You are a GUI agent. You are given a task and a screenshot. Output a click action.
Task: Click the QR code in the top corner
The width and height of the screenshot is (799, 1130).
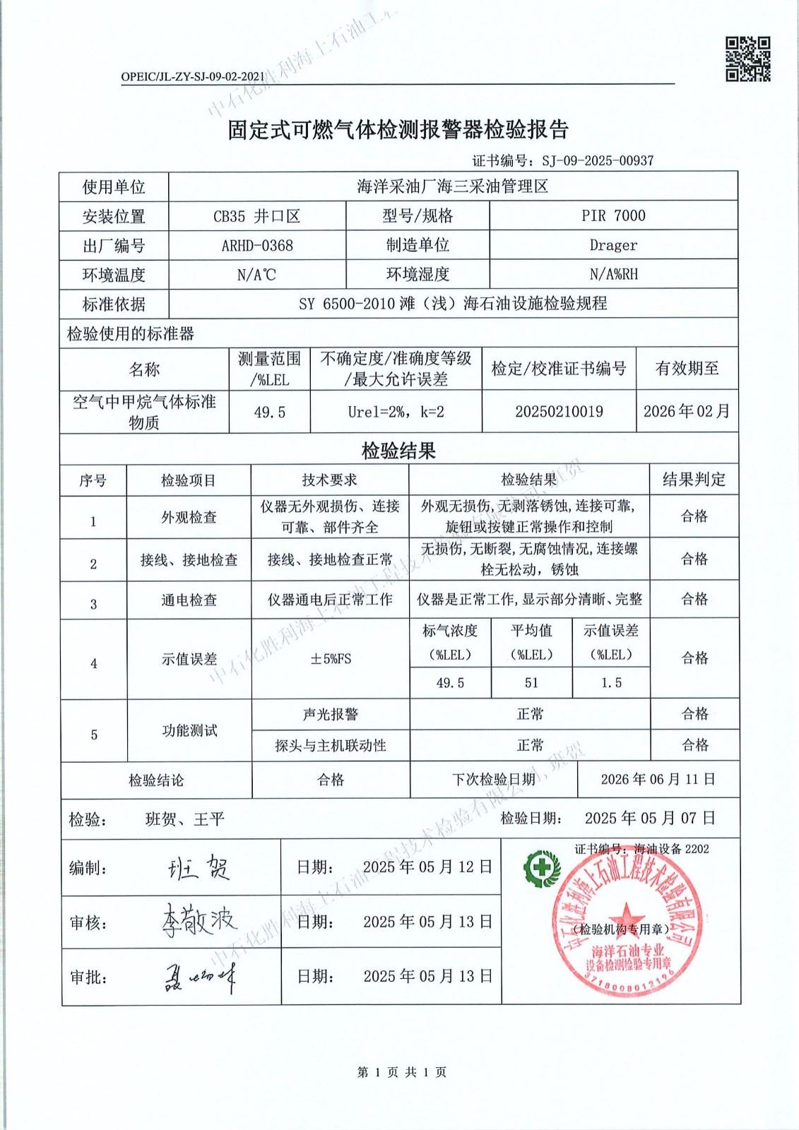[x=747, y=59]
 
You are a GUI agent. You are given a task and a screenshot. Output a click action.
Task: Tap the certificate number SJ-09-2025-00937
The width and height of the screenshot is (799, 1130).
[x=598, y=161]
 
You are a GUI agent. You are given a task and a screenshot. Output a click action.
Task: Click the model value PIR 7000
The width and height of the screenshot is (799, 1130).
[x=613, y=215]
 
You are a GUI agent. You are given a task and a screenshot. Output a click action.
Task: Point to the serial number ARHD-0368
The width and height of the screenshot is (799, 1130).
[x=257, y=245]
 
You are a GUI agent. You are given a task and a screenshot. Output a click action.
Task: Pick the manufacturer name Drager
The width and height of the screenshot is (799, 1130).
[x=613, y=245]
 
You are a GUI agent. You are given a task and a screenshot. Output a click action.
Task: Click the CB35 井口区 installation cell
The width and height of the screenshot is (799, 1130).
[x=257, y=216]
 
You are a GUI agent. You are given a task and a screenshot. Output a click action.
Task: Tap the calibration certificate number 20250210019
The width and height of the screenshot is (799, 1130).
[x=559, y=412]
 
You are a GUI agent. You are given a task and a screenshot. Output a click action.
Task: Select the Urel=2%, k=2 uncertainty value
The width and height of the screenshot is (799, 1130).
[x=396, y=412]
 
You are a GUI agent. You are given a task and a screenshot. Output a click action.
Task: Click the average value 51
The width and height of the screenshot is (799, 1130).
[x=531, y=683]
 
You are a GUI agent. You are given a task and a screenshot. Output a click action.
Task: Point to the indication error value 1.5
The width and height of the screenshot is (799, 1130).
[x=611, y=683]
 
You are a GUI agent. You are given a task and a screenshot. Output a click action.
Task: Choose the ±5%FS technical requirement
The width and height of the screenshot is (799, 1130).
[x=331, y=659]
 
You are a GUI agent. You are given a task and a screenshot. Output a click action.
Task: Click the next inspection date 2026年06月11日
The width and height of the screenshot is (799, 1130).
[x=658, y=779]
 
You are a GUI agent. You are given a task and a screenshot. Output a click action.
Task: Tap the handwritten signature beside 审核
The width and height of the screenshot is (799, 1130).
[x=199, y=920]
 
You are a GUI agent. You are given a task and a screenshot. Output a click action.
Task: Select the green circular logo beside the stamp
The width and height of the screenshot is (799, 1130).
[x=540, y=867]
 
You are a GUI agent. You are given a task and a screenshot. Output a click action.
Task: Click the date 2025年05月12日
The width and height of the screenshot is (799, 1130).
[x=427, y=867]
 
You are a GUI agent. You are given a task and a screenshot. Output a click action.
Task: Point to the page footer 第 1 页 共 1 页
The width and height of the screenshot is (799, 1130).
[x=401, y=1072]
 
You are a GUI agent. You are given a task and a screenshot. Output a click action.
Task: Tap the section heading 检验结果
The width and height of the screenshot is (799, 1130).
[x=398, y=451]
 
